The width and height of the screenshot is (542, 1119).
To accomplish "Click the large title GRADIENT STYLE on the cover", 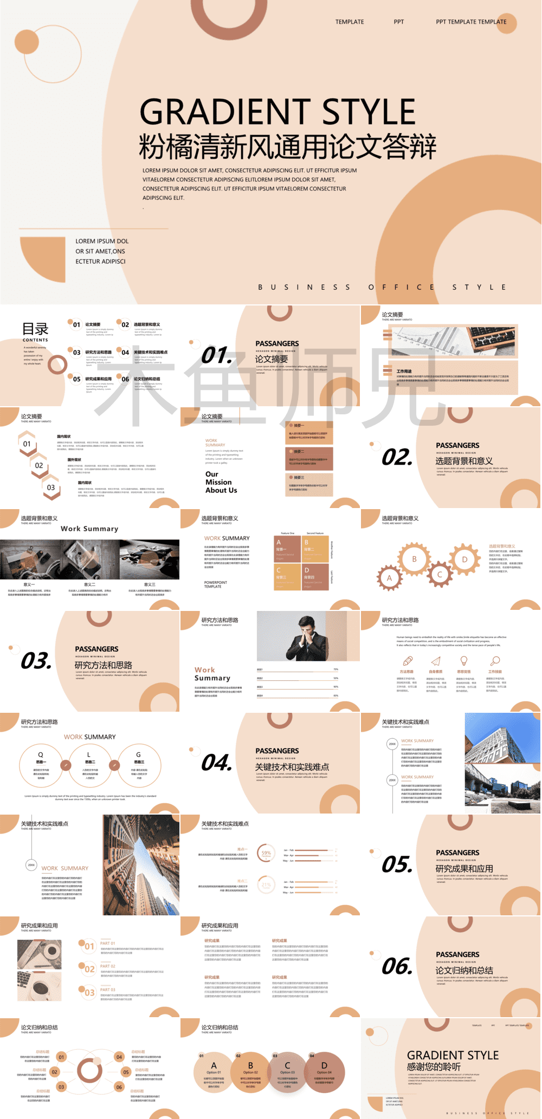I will click(x=278, y=112).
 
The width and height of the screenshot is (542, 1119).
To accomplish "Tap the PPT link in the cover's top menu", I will click(x=399, y=22).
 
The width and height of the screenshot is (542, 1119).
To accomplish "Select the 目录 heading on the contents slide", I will click(x=35, y=329).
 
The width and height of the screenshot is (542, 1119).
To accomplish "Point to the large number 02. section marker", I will click(x=397, y=458).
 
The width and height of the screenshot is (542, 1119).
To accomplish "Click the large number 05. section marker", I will click(x=397, y=865).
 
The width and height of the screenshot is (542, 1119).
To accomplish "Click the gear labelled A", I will click(x=389, y=578).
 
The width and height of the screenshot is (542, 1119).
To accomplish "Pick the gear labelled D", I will click(x=464, y=559).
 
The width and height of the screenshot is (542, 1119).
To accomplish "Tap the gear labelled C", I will click(x=440, y=574).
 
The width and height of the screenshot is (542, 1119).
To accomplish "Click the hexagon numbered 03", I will click(x=51, y=487).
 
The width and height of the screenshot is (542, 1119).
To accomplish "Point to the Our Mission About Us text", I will click(x=221, y=482).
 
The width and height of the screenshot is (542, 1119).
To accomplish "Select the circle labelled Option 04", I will click(x=324, y=1068).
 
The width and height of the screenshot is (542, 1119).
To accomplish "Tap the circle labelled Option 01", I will click(x=214, y=1068).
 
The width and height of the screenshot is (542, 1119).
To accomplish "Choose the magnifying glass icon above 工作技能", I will click(x=495, y=661).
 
